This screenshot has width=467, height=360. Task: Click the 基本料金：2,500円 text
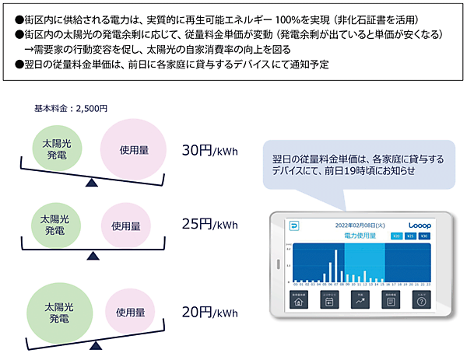click(x=71, y=108)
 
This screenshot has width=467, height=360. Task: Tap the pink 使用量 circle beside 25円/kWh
click(x=125, y=226)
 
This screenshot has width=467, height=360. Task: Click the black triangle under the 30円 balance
click(x=93, y=182)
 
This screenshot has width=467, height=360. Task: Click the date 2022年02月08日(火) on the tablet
click(x=360, y=225)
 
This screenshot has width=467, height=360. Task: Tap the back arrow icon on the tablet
click(x=294, y=225)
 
